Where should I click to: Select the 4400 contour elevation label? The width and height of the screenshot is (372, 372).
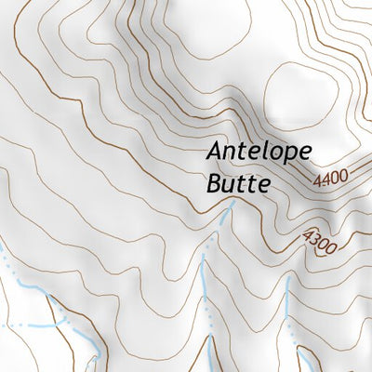[x=332, y=175]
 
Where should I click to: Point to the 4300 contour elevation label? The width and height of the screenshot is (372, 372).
[x=318, y=244]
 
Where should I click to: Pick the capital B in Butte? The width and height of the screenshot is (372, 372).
[x=210, y=182]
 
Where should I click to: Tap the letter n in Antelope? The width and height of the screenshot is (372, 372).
[x=232, y=153]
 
